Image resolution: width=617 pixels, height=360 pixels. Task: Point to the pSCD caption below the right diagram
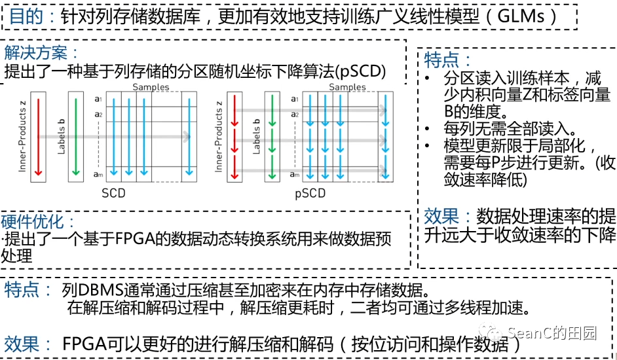310,193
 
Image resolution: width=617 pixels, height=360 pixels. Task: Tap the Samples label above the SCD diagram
151,87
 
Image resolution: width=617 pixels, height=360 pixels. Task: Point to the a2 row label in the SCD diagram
98,115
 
